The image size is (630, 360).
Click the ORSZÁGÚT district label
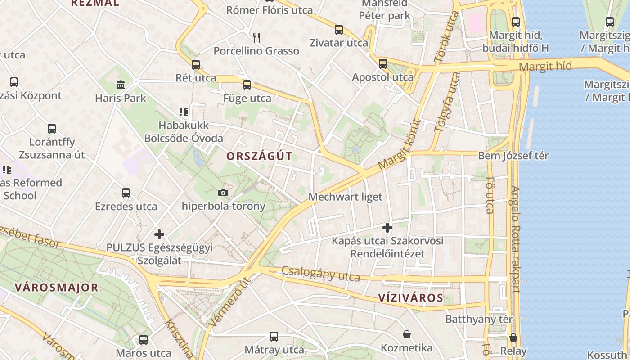[259, 157]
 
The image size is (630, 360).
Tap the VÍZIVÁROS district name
[410, 298]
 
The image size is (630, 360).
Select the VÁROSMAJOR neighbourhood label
[56, 288]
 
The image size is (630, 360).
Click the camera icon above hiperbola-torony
[223, 193]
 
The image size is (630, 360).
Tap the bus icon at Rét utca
[195, 64]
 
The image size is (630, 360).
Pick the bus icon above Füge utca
[247, 85]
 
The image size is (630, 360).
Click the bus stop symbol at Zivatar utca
[338, 30]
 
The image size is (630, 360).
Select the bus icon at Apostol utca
[382, 63]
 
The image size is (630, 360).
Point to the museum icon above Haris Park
[121, 84]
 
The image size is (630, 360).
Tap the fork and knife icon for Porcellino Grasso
[256, 37]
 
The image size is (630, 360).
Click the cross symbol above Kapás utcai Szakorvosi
[387, 227]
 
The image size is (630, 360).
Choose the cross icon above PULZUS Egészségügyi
[159, 234]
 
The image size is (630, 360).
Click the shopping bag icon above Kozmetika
[407, 334]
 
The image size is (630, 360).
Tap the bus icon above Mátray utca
[274, 336]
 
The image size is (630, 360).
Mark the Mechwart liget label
[345, 197]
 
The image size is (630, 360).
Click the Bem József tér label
[513, 156]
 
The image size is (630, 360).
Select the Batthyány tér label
[479, 319]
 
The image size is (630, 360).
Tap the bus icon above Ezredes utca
[126, 193]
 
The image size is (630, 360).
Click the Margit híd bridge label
[545, 67]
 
